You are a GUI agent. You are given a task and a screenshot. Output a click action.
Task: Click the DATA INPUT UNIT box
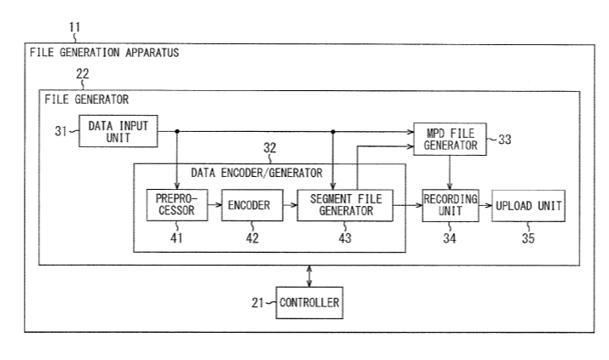click(x=118, y=130)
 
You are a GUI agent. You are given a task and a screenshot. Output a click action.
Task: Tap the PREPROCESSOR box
click(x=176, y=205)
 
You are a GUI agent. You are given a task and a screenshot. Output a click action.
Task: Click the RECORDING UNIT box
click(x=450, y=205)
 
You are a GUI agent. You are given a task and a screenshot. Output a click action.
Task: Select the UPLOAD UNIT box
click(x=528, y=205)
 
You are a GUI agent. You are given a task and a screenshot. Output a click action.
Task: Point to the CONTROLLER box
click(x=309, y=301)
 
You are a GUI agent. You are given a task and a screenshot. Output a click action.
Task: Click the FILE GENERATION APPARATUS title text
click(x=104, y=52)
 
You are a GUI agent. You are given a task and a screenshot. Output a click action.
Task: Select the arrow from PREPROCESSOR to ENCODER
click(x=214, y=205)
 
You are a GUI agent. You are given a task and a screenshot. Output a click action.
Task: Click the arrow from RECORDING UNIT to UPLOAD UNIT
click(x=484, y=205)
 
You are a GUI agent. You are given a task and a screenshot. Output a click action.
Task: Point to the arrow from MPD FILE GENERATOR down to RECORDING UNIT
click(x=449, y=171)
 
